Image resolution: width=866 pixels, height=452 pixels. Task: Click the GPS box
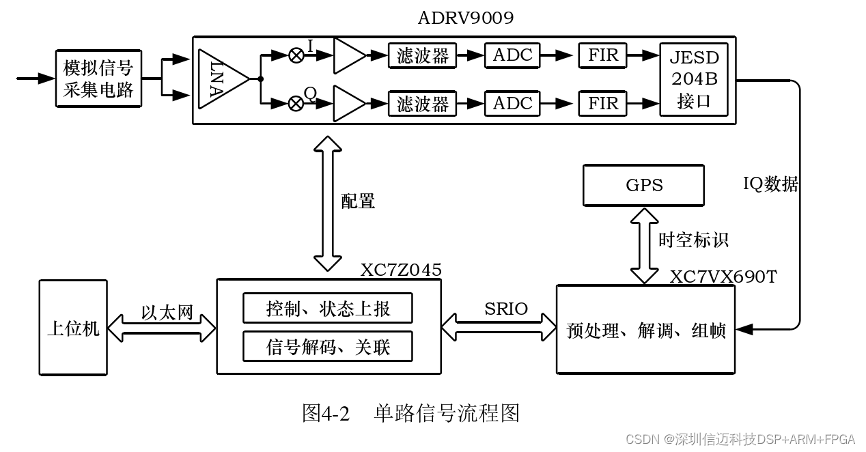pos(643,185)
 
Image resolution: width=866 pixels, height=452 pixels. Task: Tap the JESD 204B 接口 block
pos(694,79)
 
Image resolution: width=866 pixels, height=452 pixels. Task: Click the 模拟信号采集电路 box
pos(98,79)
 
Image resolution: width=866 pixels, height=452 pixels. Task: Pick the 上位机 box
pos(73,328)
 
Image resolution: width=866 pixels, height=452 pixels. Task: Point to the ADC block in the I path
pos(512,55)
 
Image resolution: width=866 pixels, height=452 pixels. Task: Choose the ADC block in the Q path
pos(512,103)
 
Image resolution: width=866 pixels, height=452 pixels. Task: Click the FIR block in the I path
pos(603,55)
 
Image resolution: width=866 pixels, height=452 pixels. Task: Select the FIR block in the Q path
pos(603,103)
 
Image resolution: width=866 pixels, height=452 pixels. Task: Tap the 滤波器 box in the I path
pos(423,55)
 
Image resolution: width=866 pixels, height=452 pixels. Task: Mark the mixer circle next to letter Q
pos(296,103)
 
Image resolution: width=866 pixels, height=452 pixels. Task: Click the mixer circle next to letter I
pos(296,55)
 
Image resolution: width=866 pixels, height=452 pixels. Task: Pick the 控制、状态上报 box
pos(328,309)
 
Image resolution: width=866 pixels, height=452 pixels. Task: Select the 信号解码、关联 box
pos(328,347)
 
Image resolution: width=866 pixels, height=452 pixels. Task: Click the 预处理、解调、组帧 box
pos(646,330)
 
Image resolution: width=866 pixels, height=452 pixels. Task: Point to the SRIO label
pos(506,309)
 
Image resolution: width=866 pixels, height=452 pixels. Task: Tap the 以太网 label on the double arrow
pos(167,313)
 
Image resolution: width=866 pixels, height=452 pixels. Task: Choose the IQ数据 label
pos(770,184)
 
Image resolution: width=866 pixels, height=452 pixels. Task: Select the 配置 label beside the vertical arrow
pos(358,201)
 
